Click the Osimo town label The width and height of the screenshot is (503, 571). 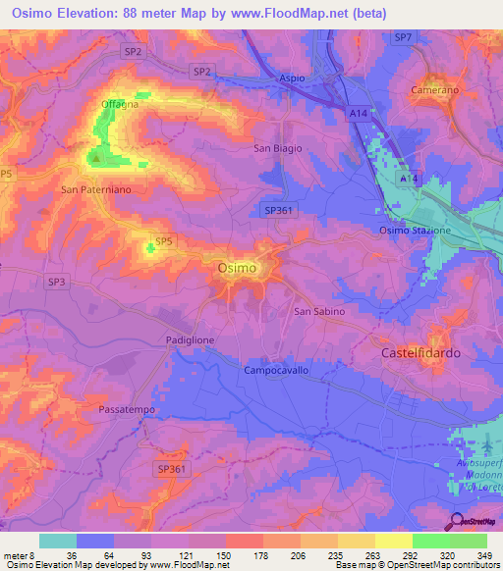[236, 267]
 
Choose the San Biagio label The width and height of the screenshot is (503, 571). [278, 148]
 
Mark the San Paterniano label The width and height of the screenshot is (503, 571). [95, 188]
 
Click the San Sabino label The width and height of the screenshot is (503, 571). [319, 311]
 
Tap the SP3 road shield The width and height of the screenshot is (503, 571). [57, 281]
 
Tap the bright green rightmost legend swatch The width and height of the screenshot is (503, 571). [469, 541]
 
